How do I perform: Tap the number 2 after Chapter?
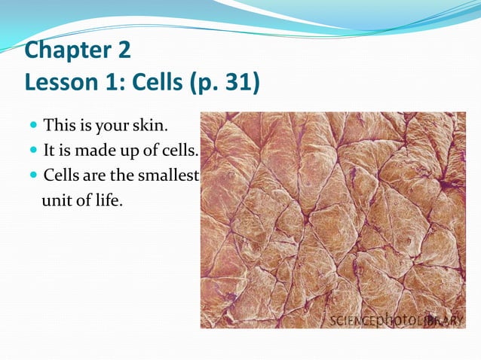[x=123, y=51]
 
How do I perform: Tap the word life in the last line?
[x=105, y=201]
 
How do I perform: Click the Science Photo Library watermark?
[x=396, y=320]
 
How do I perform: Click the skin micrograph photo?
[x=332, y=218]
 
